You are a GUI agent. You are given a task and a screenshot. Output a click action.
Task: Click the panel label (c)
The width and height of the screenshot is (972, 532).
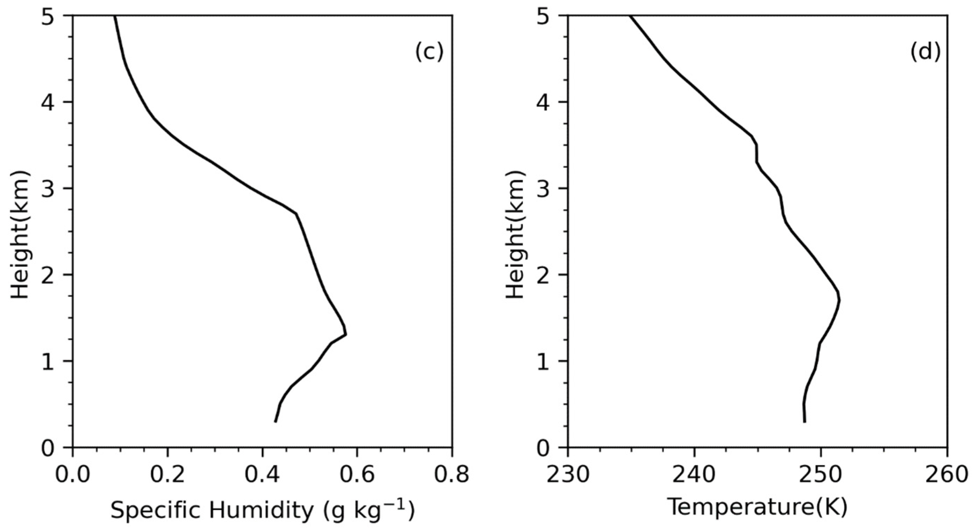[429, 52]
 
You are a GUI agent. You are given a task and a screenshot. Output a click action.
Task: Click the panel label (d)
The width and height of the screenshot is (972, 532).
[925, 52]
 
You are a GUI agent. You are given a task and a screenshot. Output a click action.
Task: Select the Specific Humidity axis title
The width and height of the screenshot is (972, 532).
[263, 511]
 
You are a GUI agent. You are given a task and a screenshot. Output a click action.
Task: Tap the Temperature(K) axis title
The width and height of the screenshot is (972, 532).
[758, 507]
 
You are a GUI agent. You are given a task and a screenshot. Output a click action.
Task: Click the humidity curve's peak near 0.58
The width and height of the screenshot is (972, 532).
[346, 334]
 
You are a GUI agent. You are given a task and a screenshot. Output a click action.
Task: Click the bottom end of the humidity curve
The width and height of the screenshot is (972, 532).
[275, 422]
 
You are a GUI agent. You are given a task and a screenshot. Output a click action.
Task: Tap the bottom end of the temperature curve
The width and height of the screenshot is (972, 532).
[804, 422]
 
